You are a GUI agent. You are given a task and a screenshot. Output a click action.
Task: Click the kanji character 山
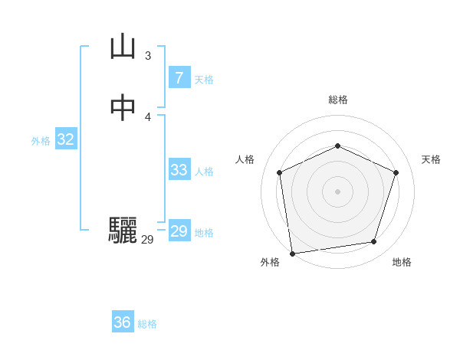click(x=123, y=47)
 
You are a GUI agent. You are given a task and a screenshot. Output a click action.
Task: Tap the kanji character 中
click(x=123, y=107)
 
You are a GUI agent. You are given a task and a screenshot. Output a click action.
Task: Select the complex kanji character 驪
click(x=123, y=231)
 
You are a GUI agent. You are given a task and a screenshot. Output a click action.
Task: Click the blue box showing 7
click(x=179, y=77)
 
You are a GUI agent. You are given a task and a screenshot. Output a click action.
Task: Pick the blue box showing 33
click(x=179, y=170)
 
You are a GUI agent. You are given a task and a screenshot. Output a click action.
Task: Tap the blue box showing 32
click(x=65, y=139)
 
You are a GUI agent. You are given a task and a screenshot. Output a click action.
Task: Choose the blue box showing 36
click(x=123, y=322)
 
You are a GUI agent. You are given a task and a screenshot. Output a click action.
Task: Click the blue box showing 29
click(x=179, y=231)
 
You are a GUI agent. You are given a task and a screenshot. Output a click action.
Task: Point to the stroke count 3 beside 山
click(x=147, y=55)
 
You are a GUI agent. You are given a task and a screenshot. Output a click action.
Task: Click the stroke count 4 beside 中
click(x=147, y=116)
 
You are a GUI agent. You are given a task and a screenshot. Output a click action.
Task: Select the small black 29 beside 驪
click(x=147, y=240)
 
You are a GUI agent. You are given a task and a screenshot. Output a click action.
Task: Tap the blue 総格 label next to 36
click(x=147, y=324)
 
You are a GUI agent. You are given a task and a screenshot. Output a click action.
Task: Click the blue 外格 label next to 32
click(x=41, y=141)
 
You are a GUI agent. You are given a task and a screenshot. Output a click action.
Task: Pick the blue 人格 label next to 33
click(x=204, y=172)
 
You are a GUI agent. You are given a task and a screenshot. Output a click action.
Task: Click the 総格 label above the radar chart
click(x=337, y=100)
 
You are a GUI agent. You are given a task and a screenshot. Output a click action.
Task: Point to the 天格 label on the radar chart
click(x=431, y=159)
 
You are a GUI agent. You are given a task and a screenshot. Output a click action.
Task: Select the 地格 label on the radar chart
click(x=402, y=262)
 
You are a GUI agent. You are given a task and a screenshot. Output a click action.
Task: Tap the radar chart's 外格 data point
click(x=292, y=253)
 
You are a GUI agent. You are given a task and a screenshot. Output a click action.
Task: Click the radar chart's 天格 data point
click(x=396, y=172)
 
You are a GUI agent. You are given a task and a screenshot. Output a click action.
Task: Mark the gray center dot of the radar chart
click(x=337, y=191)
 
